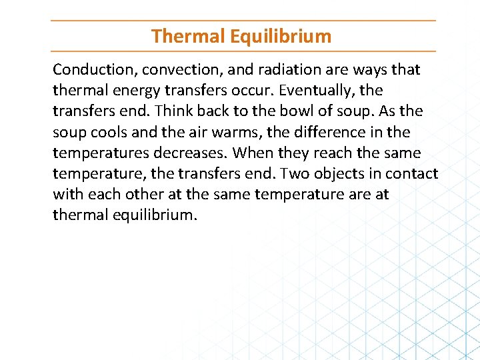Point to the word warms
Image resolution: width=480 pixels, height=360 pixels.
(x=235, y=132)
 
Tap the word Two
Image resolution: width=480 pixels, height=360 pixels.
(x=294, y=173)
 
